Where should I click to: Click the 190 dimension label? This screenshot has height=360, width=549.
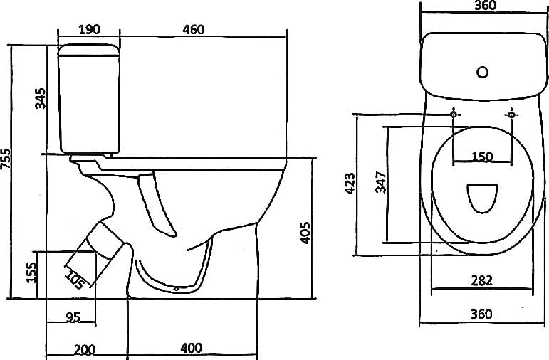pyautogui.click(x=89, y=29)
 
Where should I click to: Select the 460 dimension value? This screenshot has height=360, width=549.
pyautogui.click(x=193, y=29)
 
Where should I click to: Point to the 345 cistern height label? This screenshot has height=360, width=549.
pyautogui.click(x=41, y=98)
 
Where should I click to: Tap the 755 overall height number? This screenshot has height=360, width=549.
pyautogui.click(x=6, y=159)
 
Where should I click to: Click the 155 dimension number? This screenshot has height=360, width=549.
pyautogui.click(x=31, y=272)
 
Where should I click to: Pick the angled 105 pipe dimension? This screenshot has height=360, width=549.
pyautogui.click(x=74, y=280)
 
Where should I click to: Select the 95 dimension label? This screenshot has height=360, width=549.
pyautogui.click(x=73, y=317)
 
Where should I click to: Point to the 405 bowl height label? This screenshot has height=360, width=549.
pyautogui.click(x=305, y=233)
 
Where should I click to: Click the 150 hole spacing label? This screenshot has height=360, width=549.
pyautogui.click(x=482, y=157)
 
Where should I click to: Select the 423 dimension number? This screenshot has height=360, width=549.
pyautogui.click(x=350, y=183)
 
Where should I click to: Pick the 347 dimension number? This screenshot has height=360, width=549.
pyautogui.click(x=380, y=182)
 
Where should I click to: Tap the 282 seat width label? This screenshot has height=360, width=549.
pyautogui.click(x=481, y=280)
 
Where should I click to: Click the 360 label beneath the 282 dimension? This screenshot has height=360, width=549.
pyautogui.click(x=481, y=314)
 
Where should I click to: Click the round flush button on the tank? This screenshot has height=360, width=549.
pyautogui.click(x=483, y=73)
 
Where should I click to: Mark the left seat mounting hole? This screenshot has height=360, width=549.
pyautogui.click(x=454, y=115)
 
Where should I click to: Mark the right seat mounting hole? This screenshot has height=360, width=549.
pyautogui.click(x=511, y=115)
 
